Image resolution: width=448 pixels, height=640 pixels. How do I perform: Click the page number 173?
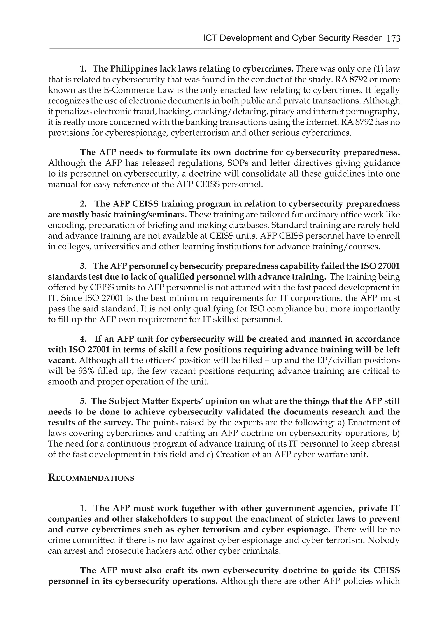point(393,38)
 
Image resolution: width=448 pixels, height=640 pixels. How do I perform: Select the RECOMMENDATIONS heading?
point(91,478)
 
